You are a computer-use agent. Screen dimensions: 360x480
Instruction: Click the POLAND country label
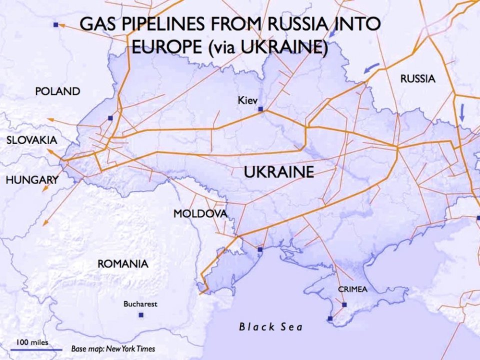pos(57,91)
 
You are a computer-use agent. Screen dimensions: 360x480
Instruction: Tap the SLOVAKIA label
pos(31,140)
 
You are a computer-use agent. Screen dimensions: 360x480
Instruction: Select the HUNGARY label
pos(32,180)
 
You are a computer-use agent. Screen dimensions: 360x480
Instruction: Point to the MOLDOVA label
pos(200,214)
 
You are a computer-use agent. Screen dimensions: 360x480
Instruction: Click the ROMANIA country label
pos(122,263)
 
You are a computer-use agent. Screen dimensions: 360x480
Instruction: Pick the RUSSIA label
pos(417,78)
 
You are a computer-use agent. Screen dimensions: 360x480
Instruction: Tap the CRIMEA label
pos(352,289)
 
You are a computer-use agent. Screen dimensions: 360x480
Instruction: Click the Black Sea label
pos(271,327)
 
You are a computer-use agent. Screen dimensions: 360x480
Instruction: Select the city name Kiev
pos(247,100)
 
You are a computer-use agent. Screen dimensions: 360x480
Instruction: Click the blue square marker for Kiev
pos(260,108)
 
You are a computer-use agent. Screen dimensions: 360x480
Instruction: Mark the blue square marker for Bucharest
pos(141,315)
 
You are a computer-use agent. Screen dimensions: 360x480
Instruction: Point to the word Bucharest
pos(140,303)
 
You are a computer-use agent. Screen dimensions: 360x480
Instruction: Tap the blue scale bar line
pos(36,349)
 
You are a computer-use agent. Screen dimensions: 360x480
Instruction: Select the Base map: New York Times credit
pos(113,348)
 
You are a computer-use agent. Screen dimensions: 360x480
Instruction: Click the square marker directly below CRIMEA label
pos(344,304)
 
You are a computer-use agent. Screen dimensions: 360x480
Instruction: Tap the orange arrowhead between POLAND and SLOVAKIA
pos(49,119)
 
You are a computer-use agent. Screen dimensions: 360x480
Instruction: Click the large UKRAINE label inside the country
pos(278,172)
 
